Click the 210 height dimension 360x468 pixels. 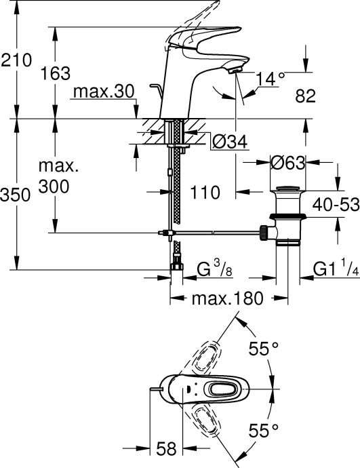tap(17, 60)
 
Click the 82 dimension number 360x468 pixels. tap(306, 96)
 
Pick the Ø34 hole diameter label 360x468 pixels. tap(229, 140)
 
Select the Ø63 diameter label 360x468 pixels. tap(287, 163)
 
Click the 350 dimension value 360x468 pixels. tap(17, 195)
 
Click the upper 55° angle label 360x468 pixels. tap(264, 349)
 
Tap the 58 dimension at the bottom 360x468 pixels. tap(167, 448)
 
